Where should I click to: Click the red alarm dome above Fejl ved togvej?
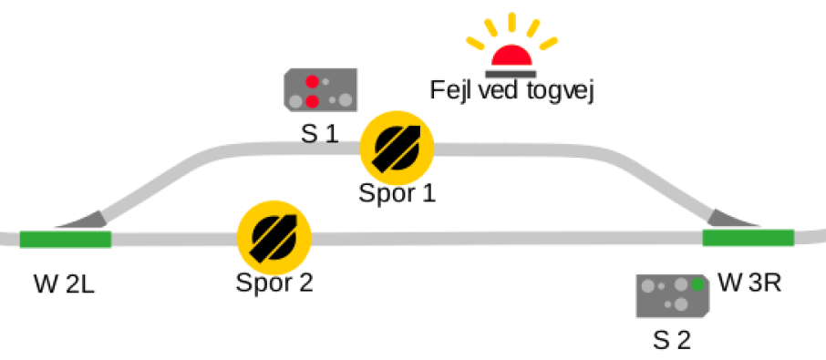[511, 57]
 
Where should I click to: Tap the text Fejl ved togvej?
[512, 90]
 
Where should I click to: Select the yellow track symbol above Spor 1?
[397, 148]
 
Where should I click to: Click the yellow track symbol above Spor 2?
[274, 237]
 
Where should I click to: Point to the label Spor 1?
[398, 193]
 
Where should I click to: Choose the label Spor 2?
[274, 283]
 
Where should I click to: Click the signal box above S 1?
[321, 90]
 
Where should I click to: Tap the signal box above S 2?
[673, 296]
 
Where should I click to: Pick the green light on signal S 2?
[697, 284]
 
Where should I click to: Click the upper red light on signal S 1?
[313, 82]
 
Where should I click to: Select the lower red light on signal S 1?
[313, 101]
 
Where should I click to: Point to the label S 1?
[319, 134]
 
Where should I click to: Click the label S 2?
[672, 341]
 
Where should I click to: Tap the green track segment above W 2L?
[66, 239]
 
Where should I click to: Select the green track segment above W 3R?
[748, 237]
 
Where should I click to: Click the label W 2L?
[64, 284]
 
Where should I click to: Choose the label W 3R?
[750, 283]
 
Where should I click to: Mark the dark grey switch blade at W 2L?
[84, 220]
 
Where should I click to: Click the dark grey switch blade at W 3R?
[732, 219]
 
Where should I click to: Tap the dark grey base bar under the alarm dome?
[511, 74]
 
